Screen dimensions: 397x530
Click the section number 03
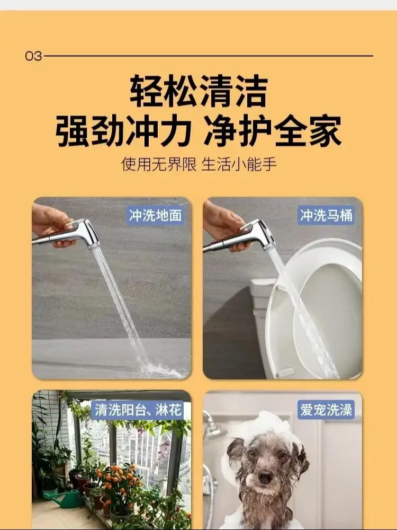[33, 56]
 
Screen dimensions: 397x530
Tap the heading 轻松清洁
[199, 91]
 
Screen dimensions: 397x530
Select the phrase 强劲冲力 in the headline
[123, 131]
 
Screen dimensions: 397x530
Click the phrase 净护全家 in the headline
[273, 131]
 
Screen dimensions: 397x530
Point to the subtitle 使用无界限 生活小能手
[199, 164]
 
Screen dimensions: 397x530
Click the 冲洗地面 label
[156, 215]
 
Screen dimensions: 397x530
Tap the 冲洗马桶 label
[326, 215]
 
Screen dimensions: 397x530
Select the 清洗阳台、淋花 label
[138, 410]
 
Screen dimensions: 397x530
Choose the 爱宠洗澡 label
[326, 410]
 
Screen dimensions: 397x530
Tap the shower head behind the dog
[213, 427]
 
